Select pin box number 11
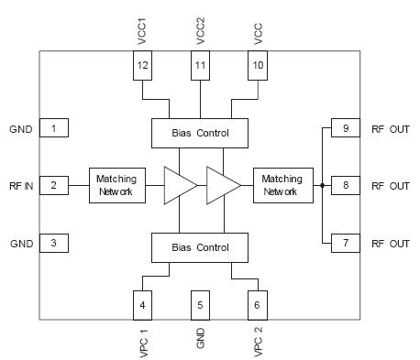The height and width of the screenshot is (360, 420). pyautogui.click(x=201, y=65)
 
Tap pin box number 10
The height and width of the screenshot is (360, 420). pyautogui.click(x=258, y=65)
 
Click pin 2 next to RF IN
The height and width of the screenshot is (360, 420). pyautogui.click(x=53, y=186)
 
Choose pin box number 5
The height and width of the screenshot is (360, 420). pyautogui.click(x=201, y=304)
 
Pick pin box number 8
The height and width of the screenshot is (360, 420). pyautogui.click(x=346, y=186)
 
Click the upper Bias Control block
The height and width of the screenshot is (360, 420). pyautogui.click(x=200, y=134)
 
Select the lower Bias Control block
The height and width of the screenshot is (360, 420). pyautogui.click(x=200, y=247)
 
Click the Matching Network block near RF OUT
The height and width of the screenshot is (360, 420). pyautogui.click(x=282, y=186)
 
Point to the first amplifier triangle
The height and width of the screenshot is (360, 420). pyautogui.click(x=178, y=186)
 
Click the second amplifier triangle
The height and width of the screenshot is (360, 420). pyautogui.click(x=222, y=186)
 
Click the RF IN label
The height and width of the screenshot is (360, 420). pyautogui.click(x=22, y=186)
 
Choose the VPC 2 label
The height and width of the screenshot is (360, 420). pyautogui.click(x=258, y=341)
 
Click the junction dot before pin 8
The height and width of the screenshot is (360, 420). pyautogui.click(x=322, y=186)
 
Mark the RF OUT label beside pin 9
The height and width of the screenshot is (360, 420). pyautogui.click(x=390, y=129)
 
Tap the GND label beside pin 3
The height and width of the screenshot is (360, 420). pyautogui.click(x=21, y=244)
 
